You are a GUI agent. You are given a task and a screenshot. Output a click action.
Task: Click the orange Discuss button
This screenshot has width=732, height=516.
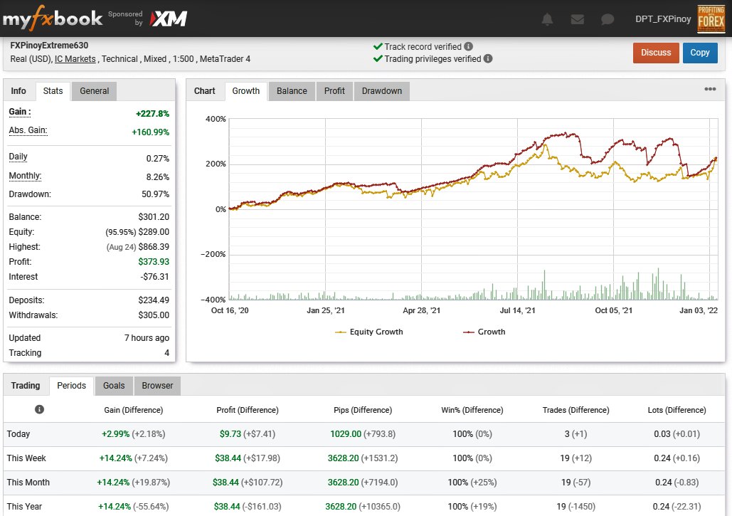tap(655, 53)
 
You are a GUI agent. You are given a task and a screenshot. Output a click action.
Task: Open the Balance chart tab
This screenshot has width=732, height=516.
tap(292, 91)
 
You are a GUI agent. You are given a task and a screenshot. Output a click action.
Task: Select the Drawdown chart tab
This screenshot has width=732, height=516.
tap(381, 91)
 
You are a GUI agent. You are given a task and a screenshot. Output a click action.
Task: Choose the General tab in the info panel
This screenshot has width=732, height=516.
tap(94, 91)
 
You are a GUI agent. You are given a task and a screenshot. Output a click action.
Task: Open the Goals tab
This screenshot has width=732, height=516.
tap(114, 386)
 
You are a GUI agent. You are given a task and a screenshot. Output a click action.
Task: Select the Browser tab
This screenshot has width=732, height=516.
tap(157, 386)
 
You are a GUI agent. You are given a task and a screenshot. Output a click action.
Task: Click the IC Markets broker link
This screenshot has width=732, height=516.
tap(75, 59)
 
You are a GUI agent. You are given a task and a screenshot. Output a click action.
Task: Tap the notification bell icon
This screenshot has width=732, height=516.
tap(547, 19)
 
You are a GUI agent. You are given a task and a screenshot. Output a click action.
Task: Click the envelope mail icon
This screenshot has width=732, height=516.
tap(578, 19)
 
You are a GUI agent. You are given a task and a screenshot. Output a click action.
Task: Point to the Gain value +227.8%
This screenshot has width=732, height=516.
tap(153, 113)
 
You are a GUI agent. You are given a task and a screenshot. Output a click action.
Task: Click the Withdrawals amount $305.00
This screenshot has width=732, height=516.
tap(154, 315)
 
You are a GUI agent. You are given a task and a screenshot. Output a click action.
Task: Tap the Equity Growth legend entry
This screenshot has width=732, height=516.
tap(368, 332)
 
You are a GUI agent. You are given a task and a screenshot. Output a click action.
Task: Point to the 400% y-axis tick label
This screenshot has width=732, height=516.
tap(216, 119)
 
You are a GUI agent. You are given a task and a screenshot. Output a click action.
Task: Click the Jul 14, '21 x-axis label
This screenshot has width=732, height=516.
tap(517, 310)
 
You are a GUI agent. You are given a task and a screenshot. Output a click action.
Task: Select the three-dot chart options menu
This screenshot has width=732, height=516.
tap(710, 89)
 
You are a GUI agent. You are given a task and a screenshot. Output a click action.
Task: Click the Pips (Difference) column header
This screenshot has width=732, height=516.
tap(363, 410)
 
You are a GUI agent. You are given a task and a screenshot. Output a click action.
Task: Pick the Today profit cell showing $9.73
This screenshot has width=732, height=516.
tap(230, 434)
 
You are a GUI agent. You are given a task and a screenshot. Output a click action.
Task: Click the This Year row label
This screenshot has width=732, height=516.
tap(24, 506)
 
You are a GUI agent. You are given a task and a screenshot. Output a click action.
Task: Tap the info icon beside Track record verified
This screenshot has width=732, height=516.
tap(468, 46)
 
